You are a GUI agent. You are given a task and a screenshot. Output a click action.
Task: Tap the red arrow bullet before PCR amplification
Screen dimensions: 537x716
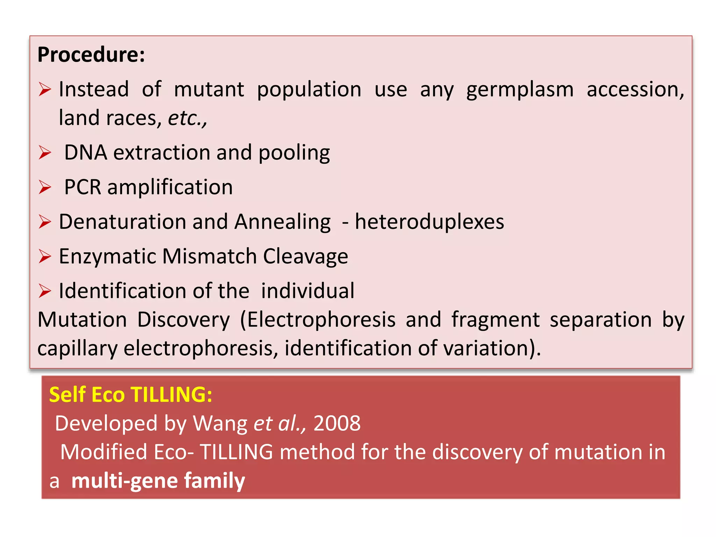pos(45,187)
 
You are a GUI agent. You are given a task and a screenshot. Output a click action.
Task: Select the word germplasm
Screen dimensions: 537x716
pos(520,89)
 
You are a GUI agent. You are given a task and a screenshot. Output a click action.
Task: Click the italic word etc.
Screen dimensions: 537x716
pos(187,118)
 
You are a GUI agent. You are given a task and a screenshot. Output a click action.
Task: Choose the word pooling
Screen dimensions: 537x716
pos(294,153)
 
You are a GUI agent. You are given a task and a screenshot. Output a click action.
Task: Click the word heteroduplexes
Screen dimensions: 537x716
pos(429,222)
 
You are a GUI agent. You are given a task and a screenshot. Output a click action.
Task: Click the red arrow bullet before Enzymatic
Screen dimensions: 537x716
pos(45,256)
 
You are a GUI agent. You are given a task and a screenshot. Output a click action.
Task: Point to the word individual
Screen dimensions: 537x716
pos(308,291)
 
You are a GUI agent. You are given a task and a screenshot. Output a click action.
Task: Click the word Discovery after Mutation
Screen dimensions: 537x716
pos(183,320)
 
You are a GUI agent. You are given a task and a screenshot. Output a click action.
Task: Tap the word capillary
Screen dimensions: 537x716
pos(77,349)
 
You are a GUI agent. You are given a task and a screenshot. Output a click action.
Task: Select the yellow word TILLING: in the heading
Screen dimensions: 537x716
pos(171,395)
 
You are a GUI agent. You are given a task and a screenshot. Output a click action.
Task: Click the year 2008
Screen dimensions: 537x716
pos(337,423)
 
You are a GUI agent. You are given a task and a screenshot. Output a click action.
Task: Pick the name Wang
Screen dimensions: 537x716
pos(220,423)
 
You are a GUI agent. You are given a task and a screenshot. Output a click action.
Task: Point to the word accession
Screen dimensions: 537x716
pos(635,89)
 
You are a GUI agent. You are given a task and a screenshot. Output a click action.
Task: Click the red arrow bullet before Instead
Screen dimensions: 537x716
pos(45,89)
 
